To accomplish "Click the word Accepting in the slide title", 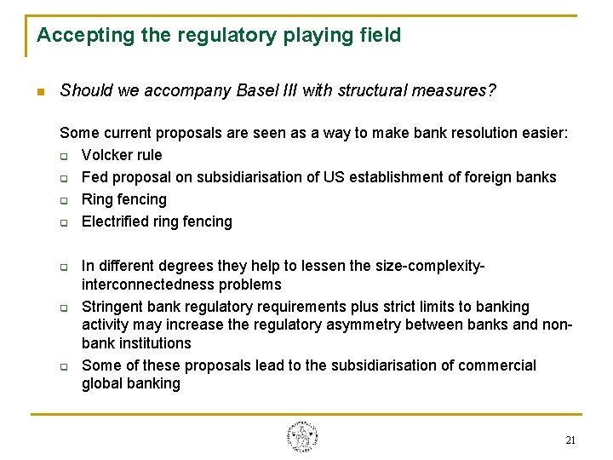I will coord(73,36).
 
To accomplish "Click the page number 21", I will coord(570,440).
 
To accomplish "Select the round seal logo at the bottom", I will coord(302,436).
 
